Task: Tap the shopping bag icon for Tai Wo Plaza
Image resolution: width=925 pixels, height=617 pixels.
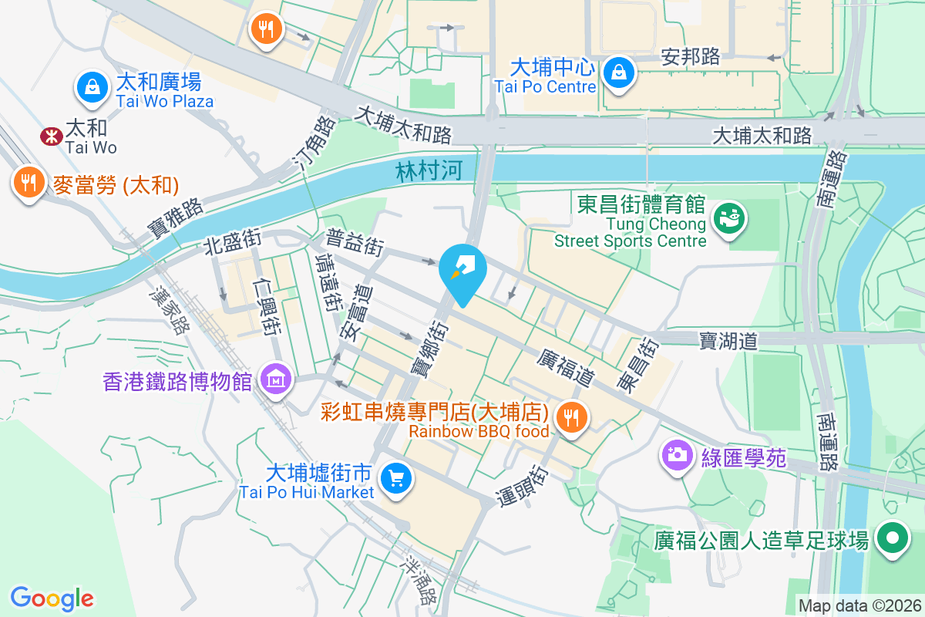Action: click(92, 87)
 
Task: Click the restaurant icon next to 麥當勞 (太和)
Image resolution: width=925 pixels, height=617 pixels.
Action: click(29, 184)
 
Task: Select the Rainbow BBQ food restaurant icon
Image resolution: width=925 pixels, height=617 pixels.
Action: click(570, 418)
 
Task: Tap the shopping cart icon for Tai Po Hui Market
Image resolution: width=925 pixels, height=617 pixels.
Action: click(396, 479)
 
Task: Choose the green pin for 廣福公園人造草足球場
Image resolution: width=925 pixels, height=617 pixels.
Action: click(893, 538)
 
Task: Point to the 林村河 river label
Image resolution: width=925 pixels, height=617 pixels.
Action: click(429, 170)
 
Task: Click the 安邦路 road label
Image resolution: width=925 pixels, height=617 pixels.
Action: click(691, 56)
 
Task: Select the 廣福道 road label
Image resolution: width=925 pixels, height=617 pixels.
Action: click(565, 367)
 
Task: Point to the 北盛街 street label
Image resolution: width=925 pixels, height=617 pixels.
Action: click(232, 243)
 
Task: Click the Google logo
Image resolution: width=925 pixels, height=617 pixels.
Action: click(52, 598)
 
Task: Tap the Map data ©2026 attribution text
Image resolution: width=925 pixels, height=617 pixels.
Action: click(859, 605)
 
